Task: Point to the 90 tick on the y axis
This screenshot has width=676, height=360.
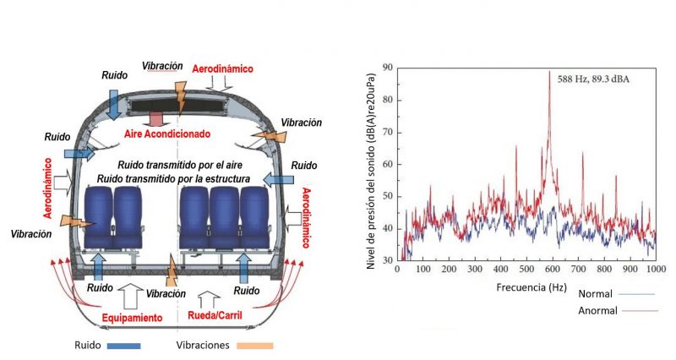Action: tap(386, 66)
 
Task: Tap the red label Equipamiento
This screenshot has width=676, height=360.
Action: tap(130, 319)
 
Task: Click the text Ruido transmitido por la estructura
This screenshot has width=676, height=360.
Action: tap(183, 178)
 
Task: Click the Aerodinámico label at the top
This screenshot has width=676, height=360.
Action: tap(222, 68)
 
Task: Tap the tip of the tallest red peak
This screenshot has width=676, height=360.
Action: tap(549, 71)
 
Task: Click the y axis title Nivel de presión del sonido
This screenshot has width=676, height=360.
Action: tap(372, 164)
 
